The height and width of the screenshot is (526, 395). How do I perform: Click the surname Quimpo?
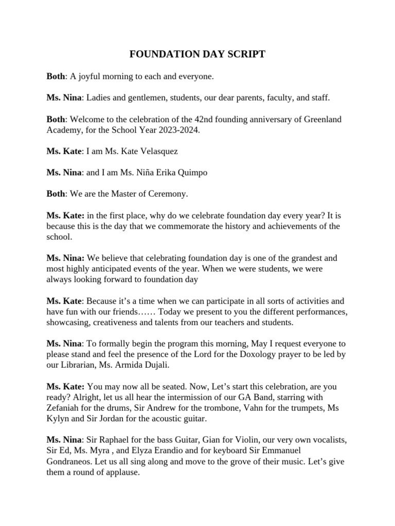click(x=188, y=173)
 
